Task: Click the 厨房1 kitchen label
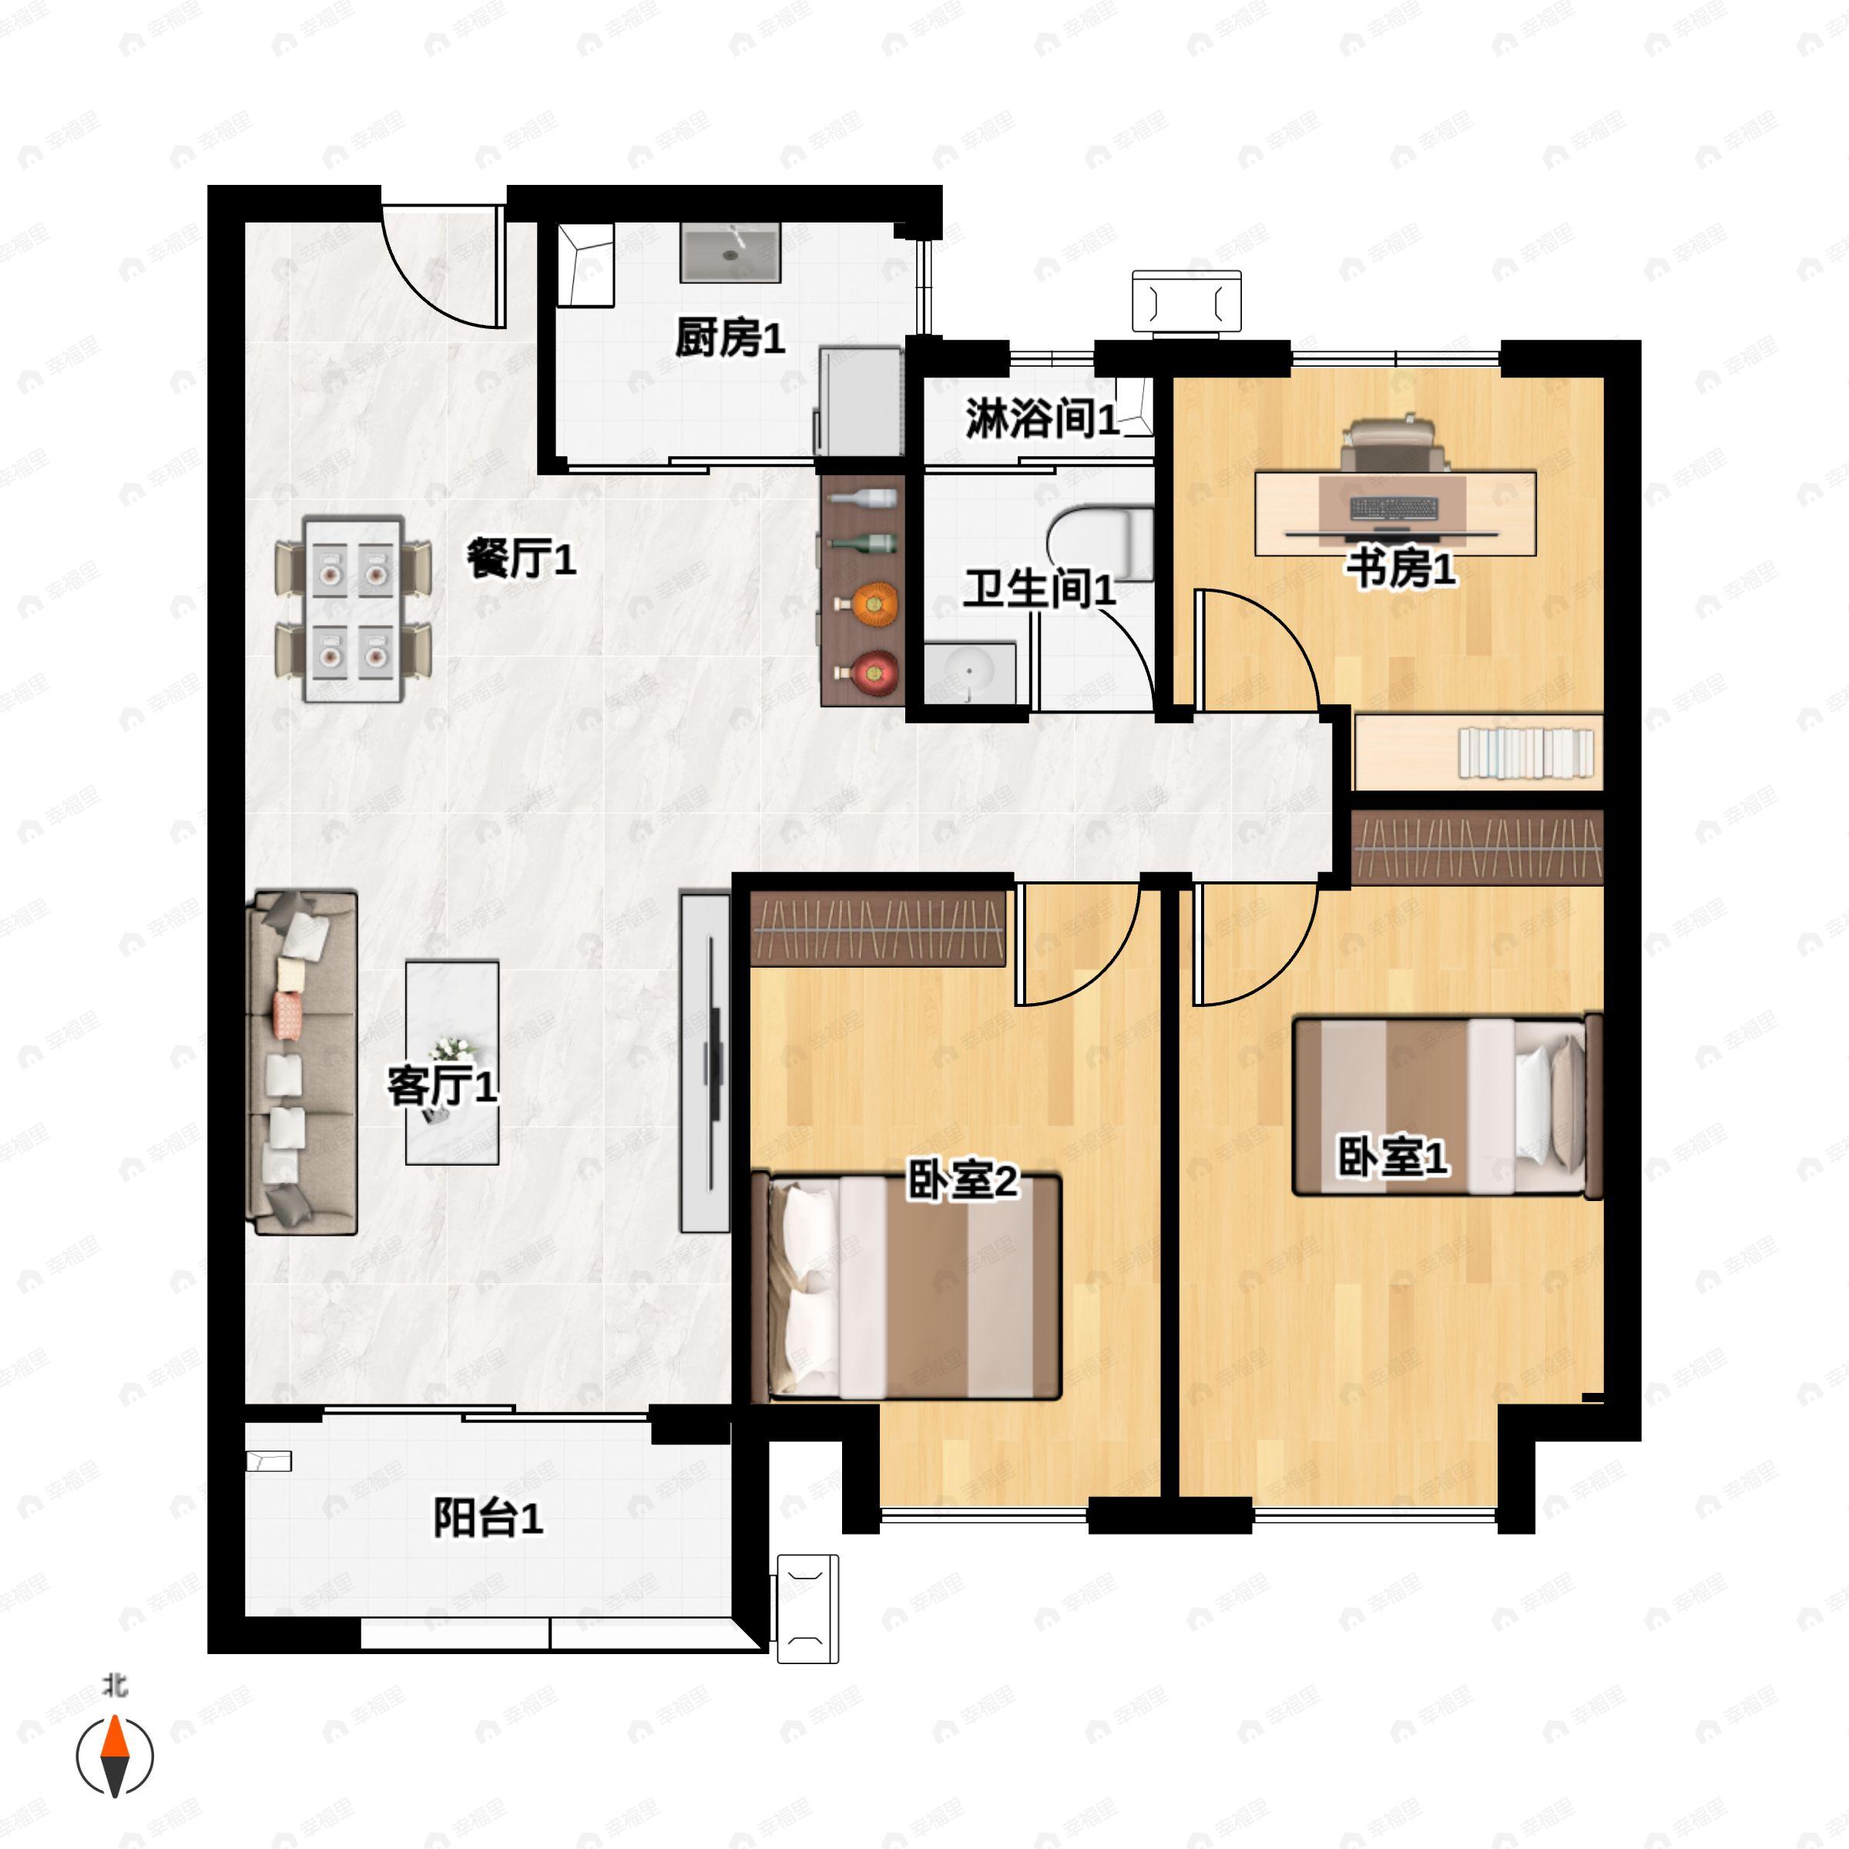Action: click(x=730, y=339)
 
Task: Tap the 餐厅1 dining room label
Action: click(x=522, y=558)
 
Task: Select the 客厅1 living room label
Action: click(x=441, y=1086)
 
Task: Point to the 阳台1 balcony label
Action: click(x=488, y=1518)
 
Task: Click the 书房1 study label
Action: click(x=1401, y=569)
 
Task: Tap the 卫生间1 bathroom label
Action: click(x=1039, y=589)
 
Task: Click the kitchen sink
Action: click(x=730, y=253)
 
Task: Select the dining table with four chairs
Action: click(x=353, y=609)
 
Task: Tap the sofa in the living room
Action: click(x=303, y=1062)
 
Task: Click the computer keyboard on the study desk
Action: click(x=1394, y=509)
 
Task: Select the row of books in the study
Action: click(x=1525, y=752)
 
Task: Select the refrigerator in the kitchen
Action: click(x=860, y=401)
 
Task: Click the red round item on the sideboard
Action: click(x=873, y=673)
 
